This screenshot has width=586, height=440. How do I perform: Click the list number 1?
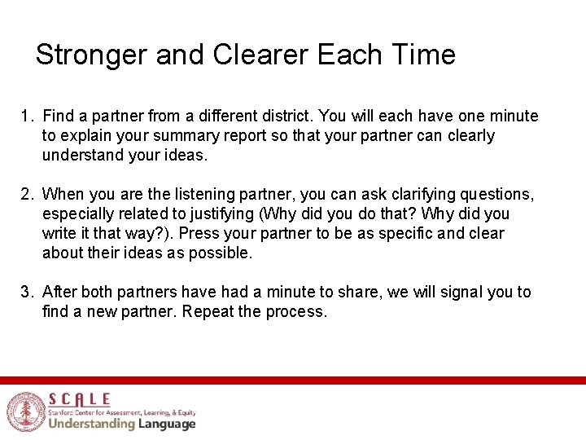tap(26, 117)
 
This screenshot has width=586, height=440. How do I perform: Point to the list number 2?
tap(26, 194)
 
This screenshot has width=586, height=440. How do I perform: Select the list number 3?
tap(26, 292)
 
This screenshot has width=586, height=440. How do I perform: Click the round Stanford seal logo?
tap(24, 411)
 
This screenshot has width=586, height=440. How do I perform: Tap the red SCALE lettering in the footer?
tap(80, 398)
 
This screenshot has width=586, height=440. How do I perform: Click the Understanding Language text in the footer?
tap(121, 424)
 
